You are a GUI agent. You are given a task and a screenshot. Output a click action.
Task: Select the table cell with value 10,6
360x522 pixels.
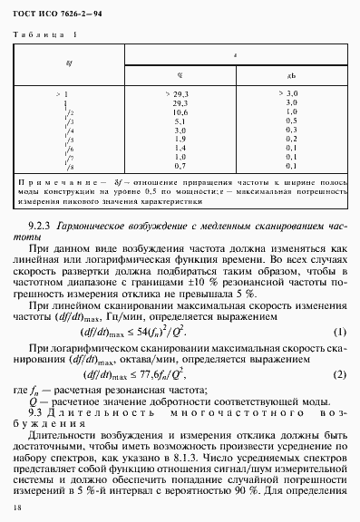point(180,111)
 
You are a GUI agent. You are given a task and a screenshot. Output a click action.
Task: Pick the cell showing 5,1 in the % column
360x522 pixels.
point(180,120)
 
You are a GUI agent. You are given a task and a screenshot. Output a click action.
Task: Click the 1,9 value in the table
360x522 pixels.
point(180,138)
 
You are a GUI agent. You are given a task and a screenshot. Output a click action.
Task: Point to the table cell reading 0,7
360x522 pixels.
point(180,165)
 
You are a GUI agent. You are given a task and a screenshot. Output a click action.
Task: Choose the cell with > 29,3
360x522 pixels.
point(179,92)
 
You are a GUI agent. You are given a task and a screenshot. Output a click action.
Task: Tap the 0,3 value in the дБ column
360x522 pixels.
point(293,129)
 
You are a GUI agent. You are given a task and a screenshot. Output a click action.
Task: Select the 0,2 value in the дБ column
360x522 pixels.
point(293,138)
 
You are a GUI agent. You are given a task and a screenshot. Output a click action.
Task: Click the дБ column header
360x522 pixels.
point(293,75)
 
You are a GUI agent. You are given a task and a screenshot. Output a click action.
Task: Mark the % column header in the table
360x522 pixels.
point(180,75)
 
